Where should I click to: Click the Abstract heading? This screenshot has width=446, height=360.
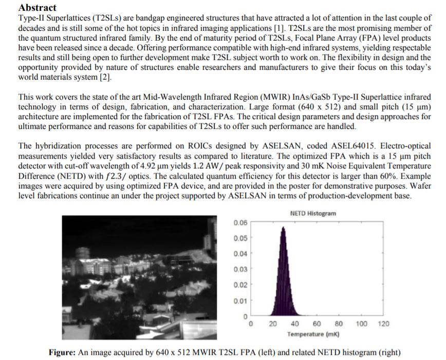(x=37, y=8)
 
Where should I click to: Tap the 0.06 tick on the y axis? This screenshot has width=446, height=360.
(x=240, y=223)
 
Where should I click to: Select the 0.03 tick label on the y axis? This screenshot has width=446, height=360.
(x=240, y=270)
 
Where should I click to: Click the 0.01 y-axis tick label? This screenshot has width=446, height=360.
(x=240, y=300)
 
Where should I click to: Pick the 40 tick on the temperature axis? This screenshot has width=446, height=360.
(x=294, y=324)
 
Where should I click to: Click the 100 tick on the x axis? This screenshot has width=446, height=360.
(x=361, y=324)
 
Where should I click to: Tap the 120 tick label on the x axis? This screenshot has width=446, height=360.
(x=383, y=324)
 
